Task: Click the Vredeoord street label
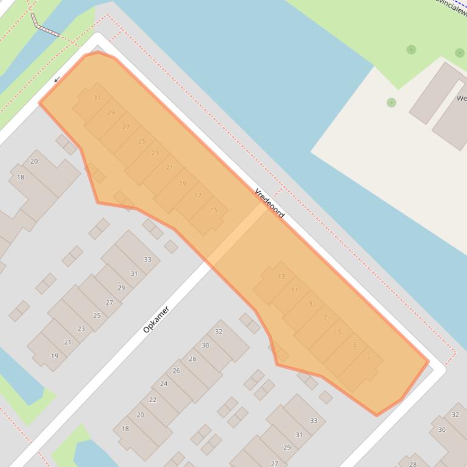pyautogui.click(x=269, y=203)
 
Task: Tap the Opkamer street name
pyautogui.click(x=156, y=320)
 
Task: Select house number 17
pyautogui.click(x=198, y=195)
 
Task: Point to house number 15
pyautogui.click(x=213, y=210)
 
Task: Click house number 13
pyautogui.click(x=281, y=277)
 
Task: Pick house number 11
pyautogui.click(x=295, y=290)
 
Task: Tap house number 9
pyautogui.click(x=310, y=303)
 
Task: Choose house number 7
pyautogui.click(x=325, y=318)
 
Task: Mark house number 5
pyautogui.click(x=340, y=332)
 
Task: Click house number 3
pyautogui.click(x=354, y=345)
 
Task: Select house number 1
pyautogui.click(x=369, y=359)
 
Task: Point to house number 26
pyautogui.click(x=176, y=371)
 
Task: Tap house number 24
pyautogui.click(x=164, y=384)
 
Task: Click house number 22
pyautogui.click(x=153, y=400)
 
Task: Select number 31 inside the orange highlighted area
pyautogui.click(x=97, y=98)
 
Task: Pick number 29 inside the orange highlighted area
pyautogui.click(x=111, y=112)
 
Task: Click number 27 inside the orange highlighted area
pyautogui.click(x=126, y=127)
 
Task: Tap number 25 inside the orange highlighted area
pyautogui.click(x=142, y=141)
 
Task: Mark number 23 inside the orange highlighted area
pyautogui.click(x=155, y=153)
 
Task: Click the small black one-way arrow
pyautogui.click(x=57, y=79)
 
